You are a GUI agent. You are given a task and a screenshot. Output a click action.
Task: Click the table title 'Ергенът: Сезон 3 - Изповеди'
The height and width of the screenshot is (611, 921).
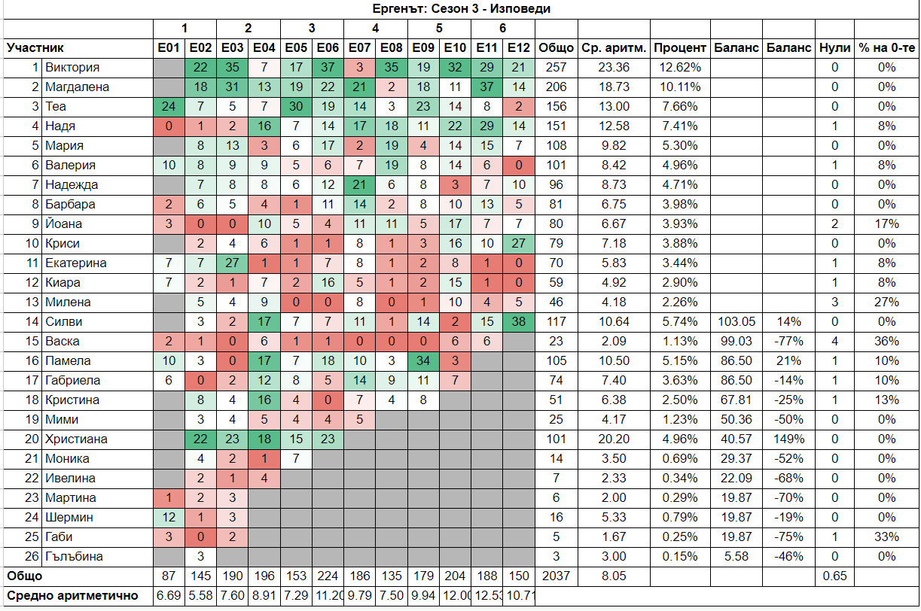[460, 9]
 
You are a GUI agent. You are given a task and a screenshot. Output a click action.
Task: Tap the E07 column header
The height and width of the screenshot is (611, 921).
[360, 48]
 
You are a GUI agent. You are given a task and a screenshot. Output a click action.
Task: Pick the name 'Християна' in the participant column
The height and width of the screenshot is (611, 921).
[76, 439]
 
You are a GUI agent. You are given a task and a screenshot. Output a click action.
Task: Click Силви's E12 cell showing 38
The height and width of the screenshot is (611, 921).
[518, 322]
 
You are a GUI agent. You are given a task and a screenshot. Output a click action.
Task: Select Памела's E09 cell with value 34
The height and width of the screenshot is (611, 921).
[424, 361]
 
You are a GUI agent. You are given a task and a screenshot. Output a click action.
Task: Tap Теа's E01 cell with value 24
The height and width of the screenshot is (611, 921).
[169, 107]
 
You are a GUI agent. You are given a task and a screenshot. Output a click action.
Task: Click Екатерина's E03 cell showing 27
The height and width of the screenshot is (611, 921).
[233, 263]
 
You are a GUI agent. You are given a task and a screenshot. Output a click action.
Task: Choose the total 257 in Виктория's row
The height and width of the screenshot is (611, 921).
[556, 68]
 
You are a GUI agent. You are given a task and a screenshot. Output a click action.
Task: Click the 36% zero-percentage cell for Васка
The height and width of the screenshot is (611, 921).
[886, 342]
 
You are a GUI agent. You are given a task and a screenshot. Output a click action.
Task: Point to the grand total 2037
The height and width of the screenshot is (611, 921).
[556, 576]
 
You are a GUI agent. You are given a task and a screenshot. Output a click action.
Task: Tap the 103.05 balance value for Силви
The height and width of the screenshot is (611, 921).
[736, 322]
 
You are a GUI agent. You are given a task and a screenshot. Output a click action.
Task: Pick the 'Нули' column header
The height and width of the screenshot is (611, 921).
[834, 48]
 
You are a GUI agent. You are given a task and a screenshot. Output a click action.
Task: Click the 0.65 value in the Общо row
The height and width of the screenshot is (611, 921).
[834, 576]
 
